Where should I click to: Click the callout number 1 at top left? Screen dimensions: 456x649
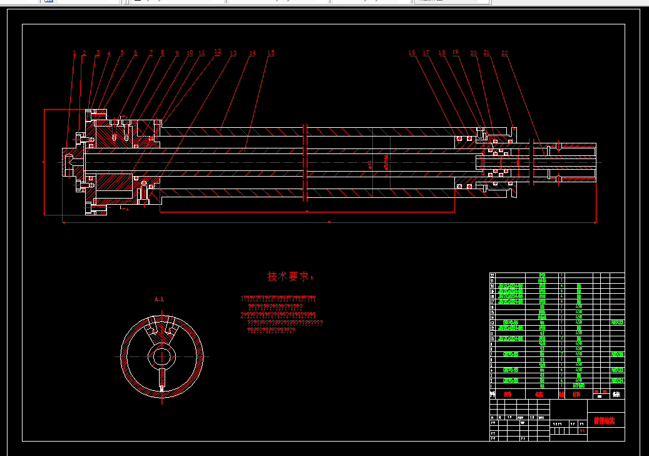coord(74,54)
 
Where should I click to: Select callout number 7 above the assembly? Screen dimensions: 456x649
coord(151,53)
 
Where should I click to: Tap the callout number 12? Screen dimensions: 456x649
coord(217,51)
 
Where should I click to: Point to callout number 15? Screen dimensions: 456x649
coord(270,53)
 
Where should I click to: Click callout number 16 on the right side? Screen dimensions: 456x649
coord(412,53)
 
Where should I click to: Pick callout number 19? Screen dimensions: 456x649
coord(455,53)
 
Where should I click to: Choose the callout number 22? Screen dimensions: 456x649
coord(504,53)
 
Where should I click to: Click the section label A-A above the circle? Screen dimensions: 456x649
coord(159,300)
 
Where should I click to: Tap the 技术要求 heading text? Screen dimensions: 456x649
coord(290,276)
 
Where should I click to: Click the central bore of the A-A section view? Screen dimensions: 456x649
coord(162,357)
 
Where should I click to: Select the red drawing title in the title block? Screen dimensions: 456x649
coord(605,421)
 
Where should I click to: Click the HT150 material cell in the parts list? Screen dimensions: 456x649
coord(579,386)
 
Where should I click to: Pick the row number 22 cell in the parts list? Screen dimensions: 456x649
coord(493,276)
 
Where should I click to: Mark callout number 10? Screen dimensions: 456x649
coord(190,53)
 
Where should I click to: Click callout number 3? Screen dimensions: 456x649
coord(98,53)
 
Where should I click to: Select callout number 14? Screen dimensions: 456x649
coord(252,53)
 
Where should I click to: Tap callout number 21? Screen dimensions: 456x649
coord(486,53)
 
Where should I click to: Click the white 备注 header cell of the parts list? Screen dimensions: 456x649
coord(616,395)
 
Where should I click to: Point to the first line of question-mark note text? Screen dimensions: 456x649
coord(279,298)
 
